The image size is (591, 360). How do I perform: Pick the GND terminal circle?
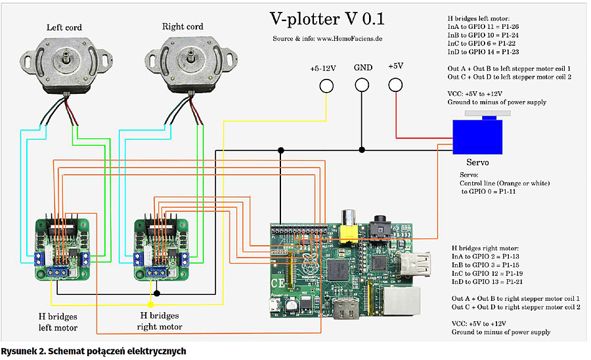tap(362, 85)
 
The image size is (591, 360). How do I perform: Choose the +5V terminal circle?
tap(395, 85)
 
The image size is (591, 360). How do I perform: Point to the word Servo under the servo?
tap(477, 162)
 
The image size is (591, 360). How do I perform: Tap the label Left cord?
tap(64, 28)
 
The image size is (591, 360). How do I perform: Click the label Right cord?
tap(182, 27)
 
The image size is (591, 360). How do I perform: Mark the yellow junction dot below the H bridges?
tap(151, 304)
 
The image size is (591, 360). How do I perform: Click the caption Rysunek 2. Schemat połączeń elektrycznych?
tap(93, 351)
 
